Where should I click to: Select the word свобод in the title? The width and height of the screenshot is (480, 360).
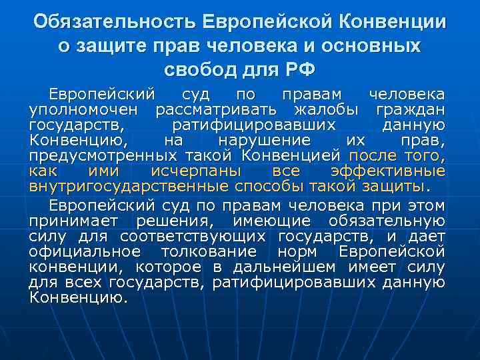tap(196, 69)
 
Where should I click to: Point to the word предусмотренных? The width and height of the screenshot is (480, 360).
tap(100, 155)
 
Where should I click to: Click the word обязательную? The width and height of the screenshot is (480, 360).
tap(387, 221)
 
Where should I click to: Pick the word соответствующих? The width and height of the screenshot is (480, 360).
tap(193, 236)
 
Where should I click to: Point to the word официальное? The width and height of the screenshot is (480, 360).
tap(85, 251)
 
